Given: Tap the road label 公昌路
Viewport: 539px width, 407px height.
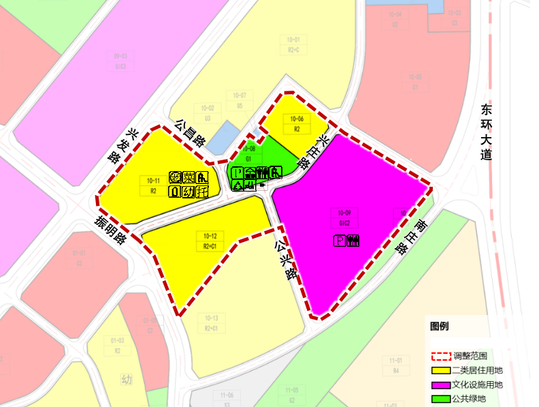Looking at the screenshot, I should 191,133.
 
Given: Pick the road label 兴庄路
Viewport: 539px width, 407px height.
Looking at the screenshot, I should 314,151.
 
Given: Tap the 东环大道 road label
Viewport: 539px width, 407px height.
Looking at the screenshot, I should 485,132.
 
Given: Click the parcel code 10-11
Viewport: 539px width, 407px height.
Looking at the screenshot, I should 153,181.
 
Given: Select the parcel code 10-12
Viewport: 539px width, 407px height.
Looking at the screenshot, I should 210,236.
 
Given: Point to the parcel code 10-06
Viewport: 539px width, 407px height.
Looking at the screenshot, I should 297,119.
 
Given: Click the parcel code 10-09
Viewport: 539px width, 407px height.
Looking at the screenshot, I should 344,213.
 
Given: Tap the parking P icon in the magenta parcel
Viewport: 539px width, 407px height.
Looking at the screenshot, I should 340,241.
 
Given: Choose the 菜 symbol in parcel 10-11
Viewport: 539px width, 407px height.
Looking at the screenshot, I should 189,178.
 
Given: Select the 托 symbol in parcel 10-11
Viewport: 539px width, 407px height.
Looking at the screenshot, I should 201,192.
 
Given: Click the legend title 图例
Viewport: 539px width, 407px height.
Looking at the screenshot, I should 440,326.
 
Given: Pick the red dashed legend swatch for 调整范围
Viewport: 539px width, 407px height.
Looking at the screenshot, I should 440,356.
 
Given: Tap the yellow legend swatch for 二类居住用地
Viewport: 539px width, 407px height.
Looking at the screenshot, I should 440,371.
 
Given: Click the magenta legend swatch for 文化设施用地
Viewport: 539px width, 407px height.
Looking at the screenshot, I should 440,385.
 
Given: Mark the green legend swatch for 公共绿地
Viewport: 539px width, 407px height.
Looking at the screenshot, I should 440,399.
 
